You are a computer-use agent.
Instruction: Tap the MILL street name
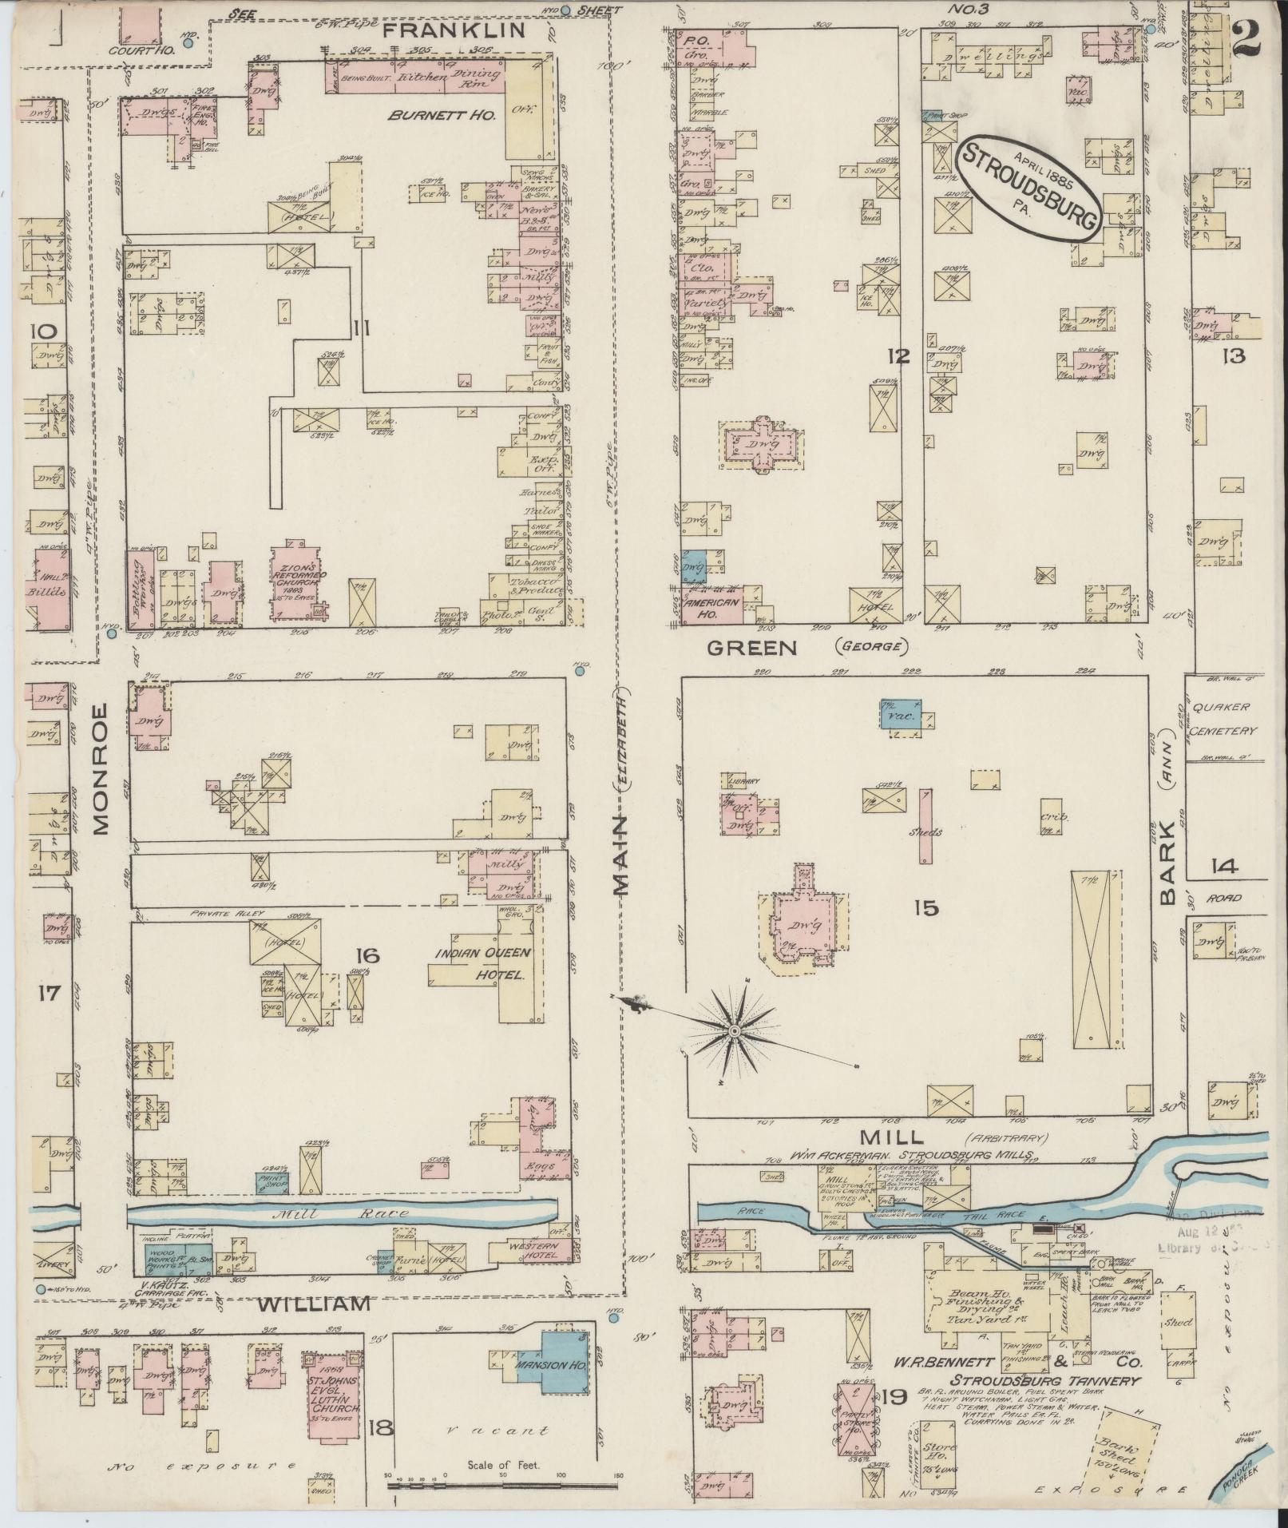pyautogui.click(x=903, y=1136)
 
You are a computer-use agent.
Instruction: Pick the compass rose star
pyautogui.click(x=734, y=1031)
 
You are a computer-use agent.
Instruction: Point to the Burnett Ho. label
pyautogui.click(x=442, y=115)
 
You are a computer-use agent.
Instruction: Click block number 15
pyautogui.click(x=927, y=908)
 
